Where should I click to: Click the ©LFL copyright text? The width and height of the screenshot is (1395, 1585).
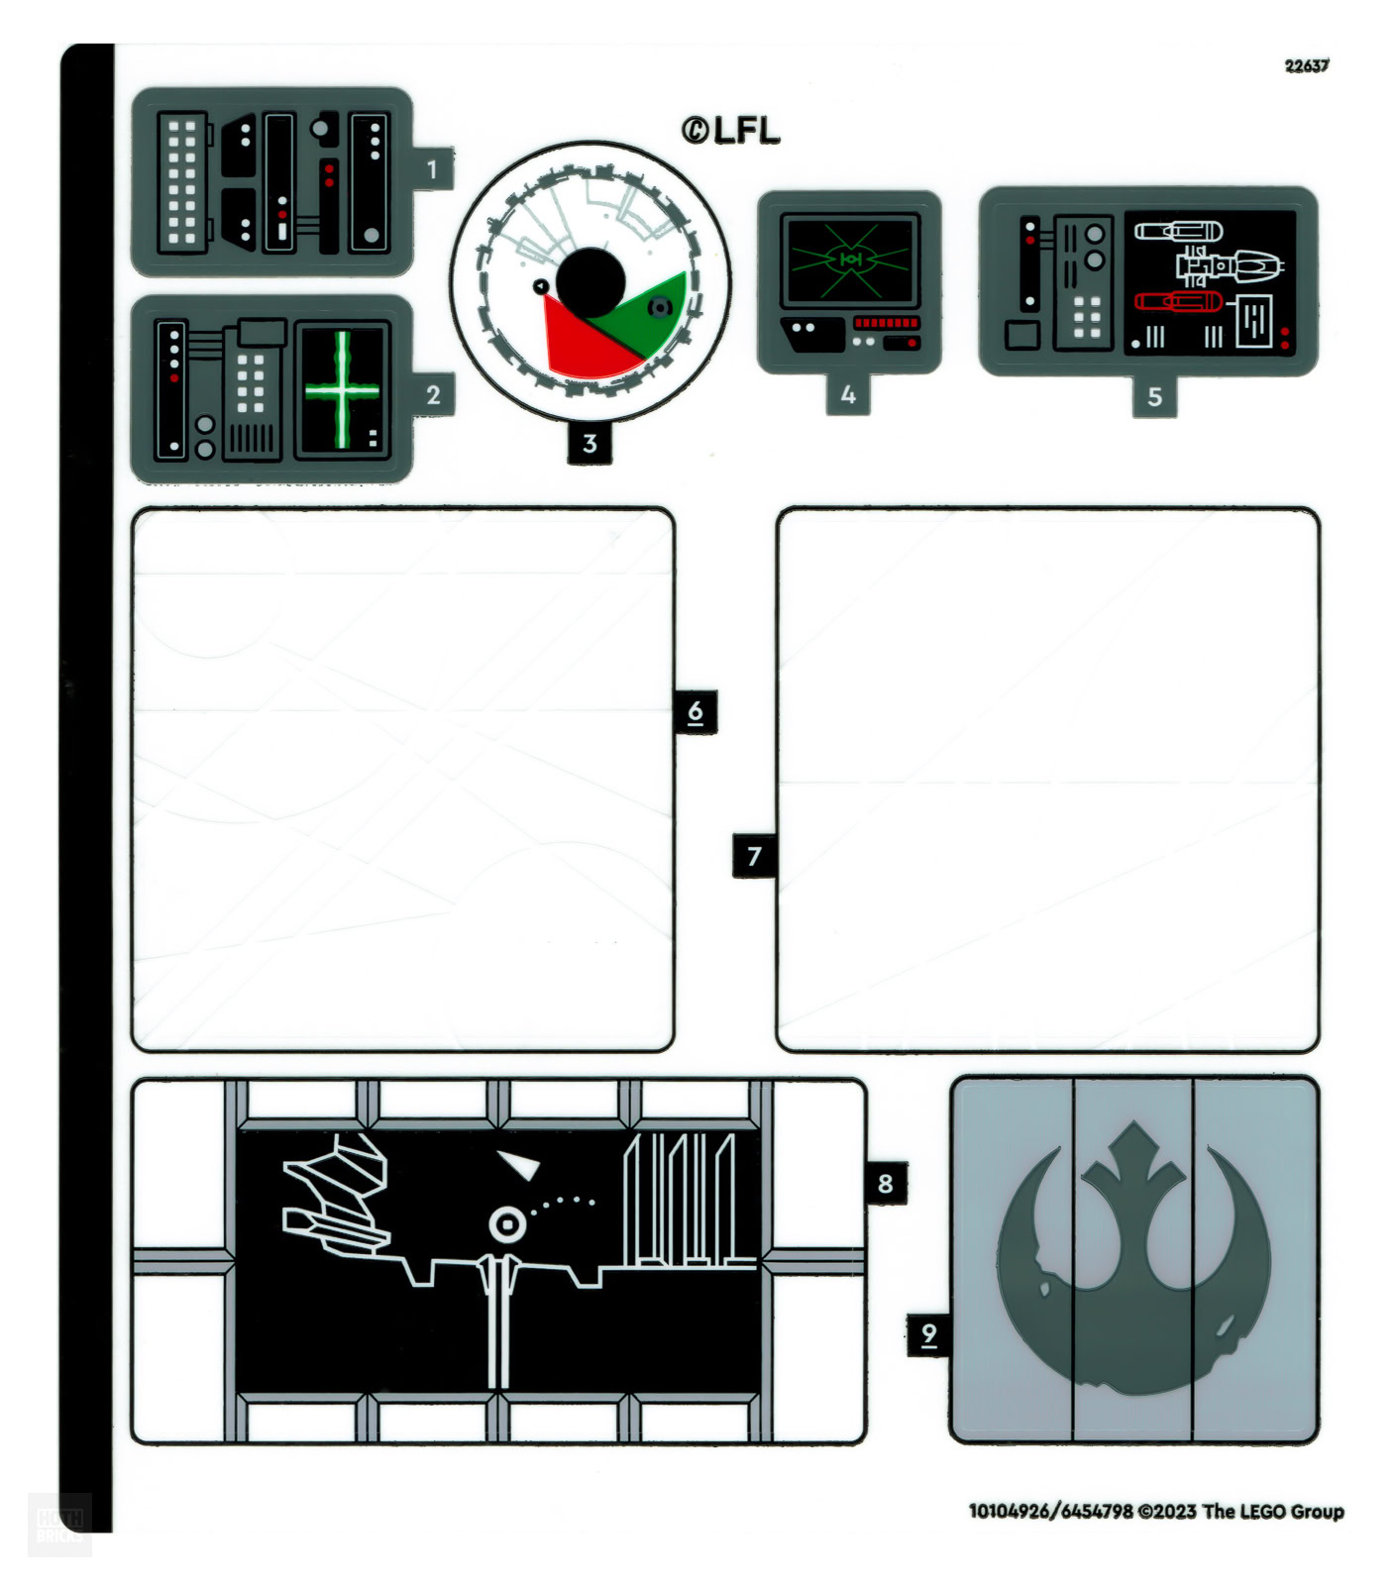click(730, 130)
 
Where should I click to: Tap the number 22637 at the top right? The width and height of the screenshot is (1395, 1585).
click(1306, 65)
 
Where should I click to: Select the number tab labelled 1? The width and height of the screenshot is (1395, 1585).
click(432, 169)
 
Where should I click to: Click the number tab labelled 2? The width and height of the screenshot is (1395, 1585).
click(433, 395)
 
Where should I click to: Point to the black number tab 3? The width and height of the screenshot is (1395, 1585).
click(590, 443)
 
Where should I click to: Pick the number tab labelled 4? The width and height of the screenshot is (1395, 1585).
click(848, 394)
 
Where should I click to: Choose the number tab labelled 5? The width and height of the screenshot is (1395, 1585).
click(1154, 397)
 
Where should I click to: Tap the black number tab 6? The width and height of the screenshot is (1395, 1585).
click(696, 711)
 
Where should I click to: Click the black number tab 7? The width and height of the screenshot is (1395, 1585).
click(754, 856)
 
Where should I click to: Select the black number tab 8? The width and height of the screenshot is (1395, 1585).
click(885, 1183)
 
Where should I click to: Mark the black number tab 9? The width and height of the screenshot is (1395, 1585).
click(928, 1334)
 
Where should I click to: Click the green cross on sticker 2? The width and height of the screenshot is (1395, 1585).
click(343, 389)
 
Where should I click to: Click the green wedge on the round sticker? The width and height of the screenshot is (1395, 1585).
click(649, 312)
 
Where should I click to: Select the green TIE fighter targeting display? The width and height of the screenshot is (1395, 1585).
click(850, 260)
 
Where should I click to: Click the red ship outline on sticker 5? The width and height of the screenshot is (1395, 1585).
click(1177, 301)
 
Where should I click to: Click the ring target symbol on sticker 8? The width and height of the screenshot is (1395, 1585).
click(507, 1225)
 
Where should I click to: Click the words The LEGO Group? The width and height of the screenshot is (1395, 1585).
click(1273, 1511)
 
